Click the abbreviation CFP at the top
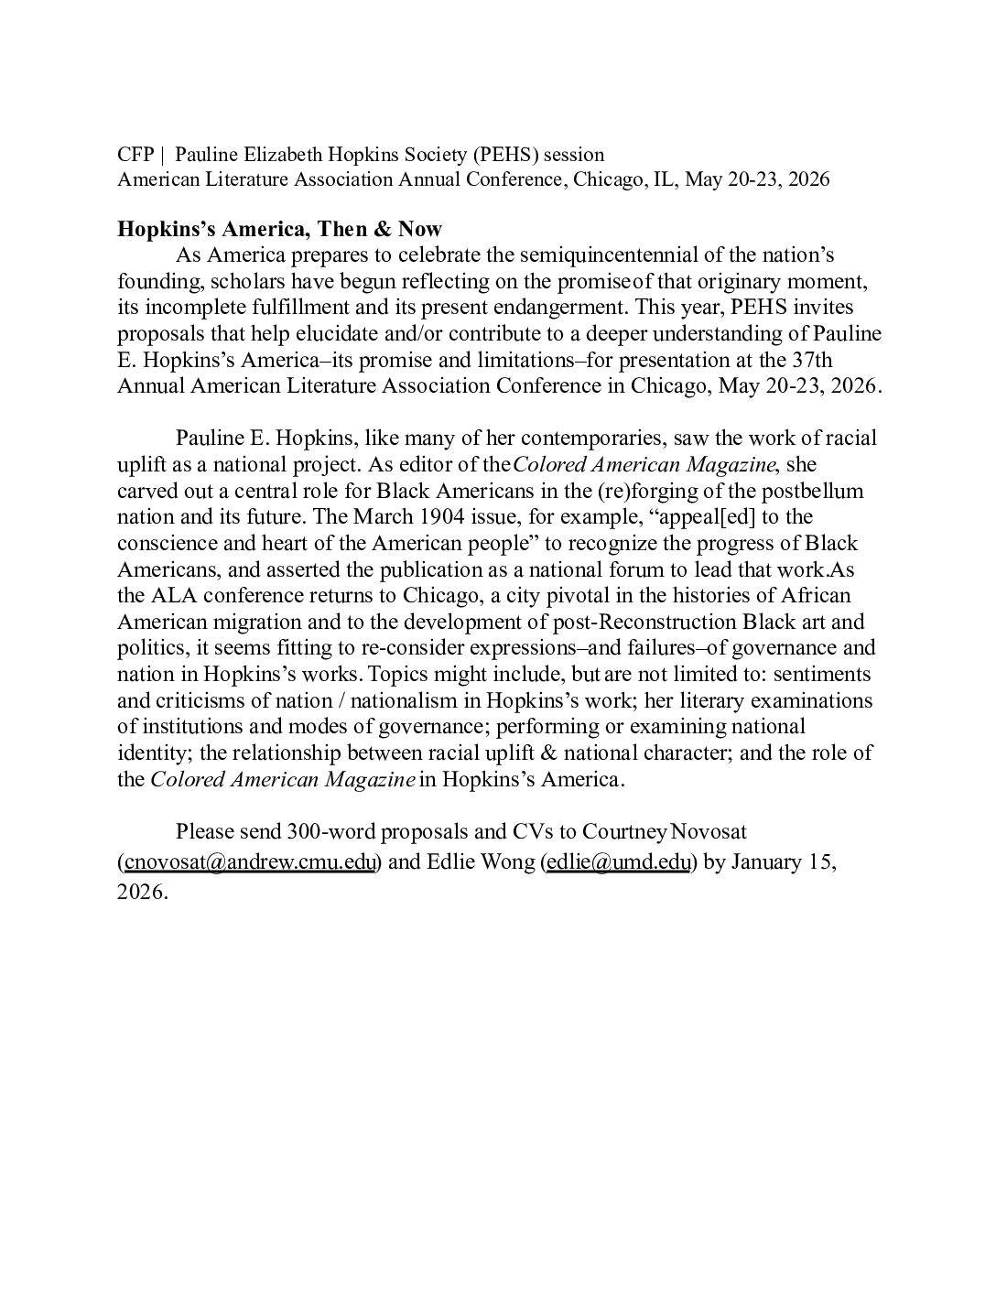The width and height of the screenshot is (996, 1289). click(135, 154)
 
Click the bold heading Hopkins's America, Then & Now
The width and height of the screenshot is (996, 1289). click(280, 229)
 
